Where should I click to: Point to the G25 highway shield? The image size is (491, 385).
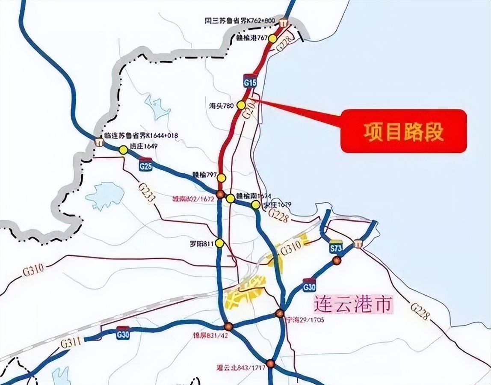pyautogui.click(x=146, y=166)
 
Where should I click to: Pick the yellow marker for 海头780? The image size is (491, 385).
pyautogui.click(x=242, y=105)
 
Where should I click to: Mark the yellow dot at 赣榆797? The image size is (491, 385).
pyautogui.click(x=222, y=178)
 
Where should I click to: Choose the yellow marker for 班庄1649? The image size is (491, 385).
pyautogui.click(x=123, y=150)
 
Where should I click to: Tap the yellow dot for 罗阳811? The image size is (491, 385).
pyautogui.click(x=220, y=243)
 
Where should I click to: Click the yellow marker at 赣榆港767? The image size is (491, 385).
pyautogui.click(x=273, y=38)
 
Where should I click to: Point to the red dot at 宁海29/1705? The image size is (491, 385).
pyautogui.click(x=280, y=313)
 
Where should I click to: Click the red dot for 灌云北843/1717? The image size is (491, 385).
pyautogui.click(x=270, y=364)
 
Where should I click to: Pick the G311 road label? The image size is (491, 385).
pyautogui.click(x=70, y=342)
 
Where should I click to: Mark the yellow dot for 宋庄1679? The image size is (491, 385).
pyautogui.click(x=256, y=205)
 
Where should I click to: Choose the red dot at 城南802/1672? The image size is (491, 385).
pyautogui.click(x=220, y=195)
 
